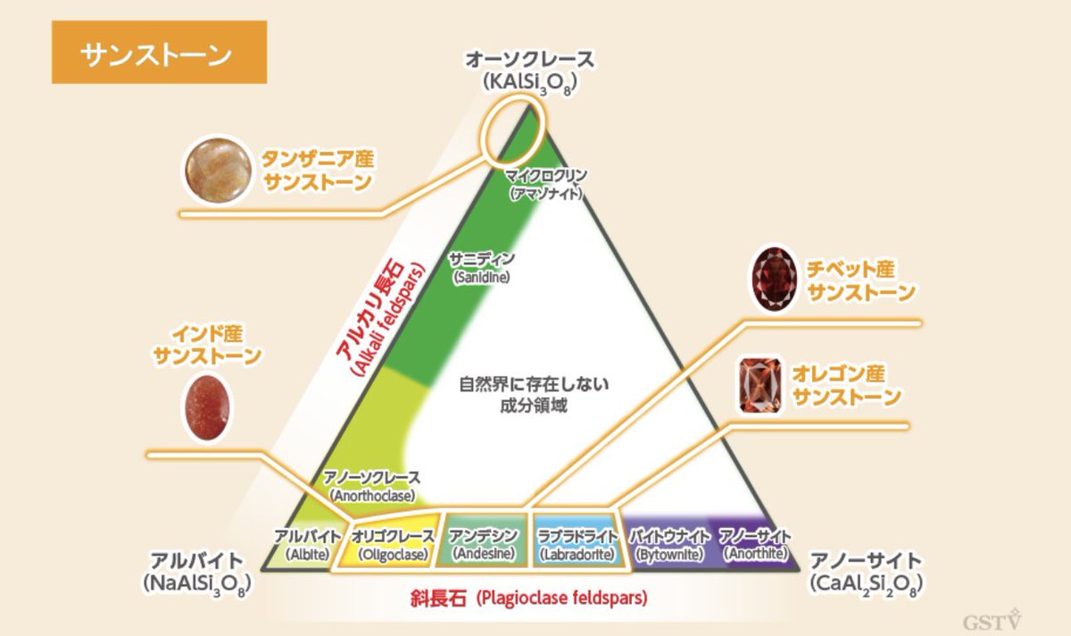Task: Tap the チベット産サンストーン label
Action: pos(860,280)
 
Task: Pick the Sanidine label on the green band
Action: pos(483,268)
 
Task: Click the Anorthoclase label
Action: pos(372,485)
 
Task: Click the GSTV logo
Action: pos(992,620)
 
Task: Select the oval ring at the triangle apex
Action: pos(510,130)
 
